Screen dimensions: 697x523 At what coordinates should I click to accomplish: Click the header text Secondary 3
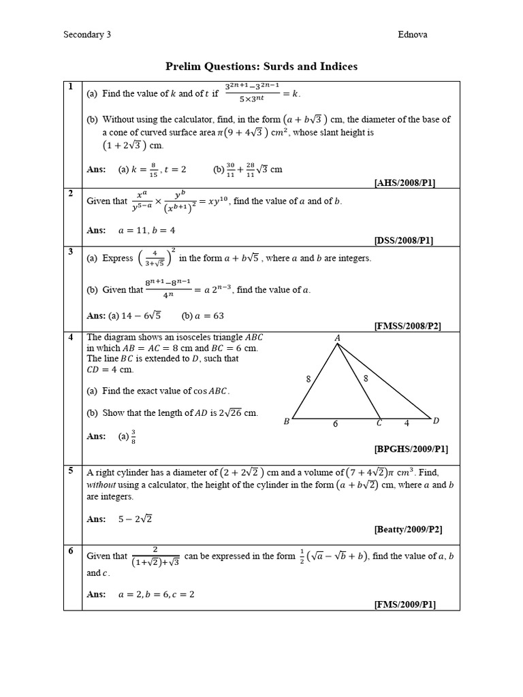pos(86,34)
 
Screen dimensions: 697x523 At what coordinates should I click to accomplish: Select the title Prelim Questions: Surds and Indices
pos(261,66)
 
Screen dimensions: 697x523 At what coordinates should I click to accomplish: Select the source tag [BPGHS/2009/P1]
pos(411,449)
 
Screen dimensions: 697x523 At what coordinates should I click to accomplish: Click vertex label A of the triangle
pos(337,338)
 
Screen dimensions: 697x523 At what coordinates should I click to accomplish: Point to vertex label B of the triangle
pos(287,422)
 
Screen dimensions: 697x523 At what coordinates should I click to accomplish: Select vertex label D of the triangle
pos(436,421)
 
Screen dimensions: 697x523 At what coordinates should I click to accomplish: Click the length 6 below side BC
pos(335,424)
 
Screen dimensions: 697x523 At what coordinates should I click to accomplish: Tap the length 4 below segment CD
pos(407,423)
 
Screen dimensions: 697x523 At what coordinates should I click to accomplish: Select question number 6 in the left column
pos(69,551)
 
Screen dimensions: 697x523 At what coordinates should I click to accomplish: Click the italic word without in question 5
pos(101,485)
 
